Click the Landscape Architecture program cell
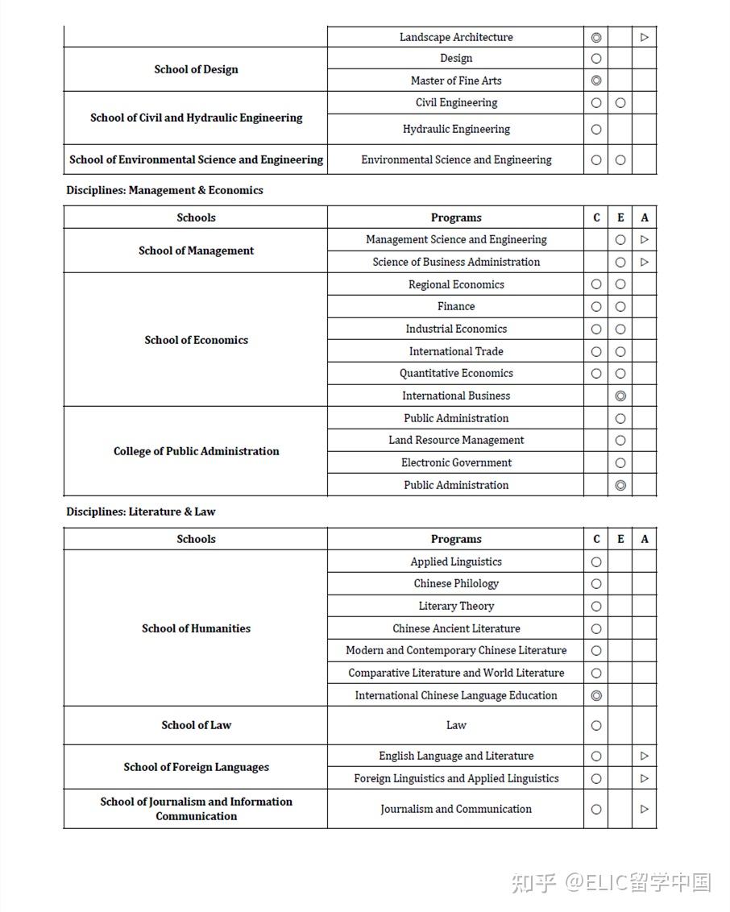click(456, 37)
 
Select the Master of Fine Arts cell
click(456, 81)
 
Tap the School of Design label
click(196, 69)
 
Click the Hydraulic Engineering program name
click(456, 129)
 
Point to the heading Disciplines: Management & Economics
click(164, 190)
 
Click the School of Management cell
click(196, 251)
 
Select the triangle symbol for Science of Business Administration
click(644, 262)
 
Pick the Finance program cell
click(456, 306)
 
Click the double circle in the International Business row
click(620, 396)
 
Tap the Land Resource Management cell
click(456, 440)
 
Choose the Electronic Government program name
click(456, 462)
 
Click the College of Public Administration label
click(196, 451)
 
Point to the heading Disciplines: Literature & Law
click(141, 512)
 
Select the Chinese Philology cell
click(456, 583)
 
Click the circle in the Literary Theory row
click(596, 606)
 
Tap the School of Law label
click(196, 725)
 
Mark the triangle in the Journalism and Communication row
click(644, 809)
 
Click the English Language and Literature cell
click(456, 756)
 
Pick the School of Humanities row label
click(196, 628)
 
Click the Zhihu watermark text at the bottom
click(611, 882)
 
